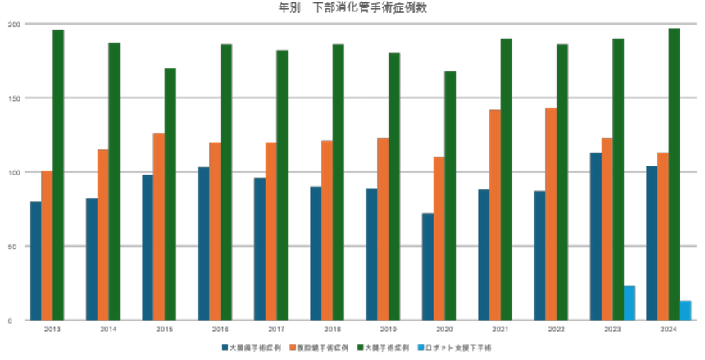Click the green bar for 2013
coord(58,174)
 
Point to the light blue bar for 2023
coord(630,303)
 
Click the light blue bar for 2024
coord(685,310)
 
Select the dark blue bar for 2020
coord(427,267)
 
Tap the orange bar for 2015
coord(159,226)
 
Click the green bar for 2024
coord(674,174)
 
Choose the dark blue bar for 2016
coord(203,244)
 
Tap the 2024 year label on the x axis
coord(667,329)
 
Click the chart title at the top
coord(352,7)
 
